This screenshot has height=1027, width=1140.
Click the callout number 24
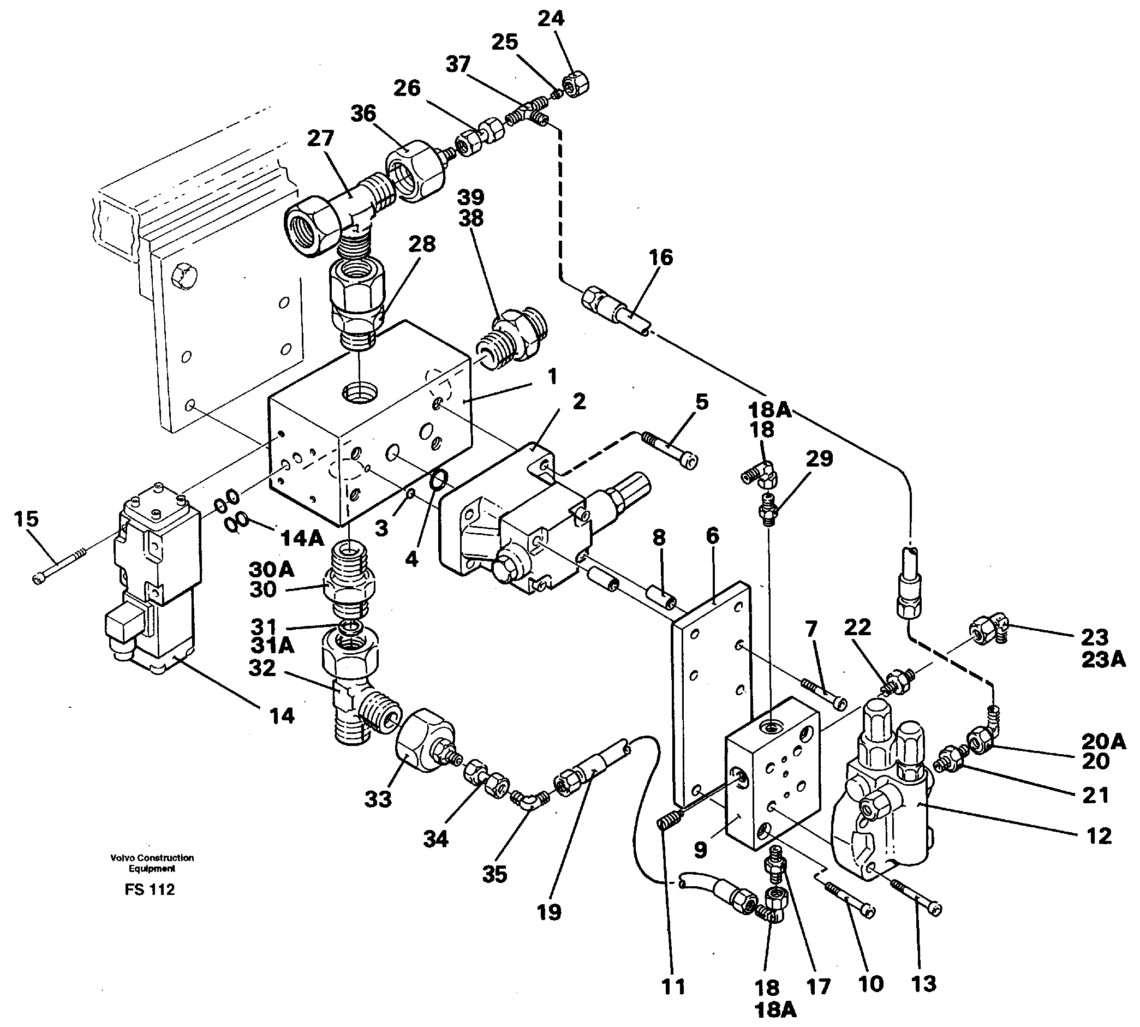(550, 19)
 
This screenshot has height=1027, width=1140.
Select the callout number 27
(320, 138)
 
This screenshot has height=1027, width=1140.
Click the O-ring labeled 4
(439, 481)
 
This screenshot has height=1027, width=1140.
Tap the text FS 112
(150, 890)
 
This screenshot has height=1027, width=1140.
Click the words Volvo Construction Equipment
(152, 863)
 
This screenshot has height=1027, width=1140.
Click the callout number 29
(819, 458)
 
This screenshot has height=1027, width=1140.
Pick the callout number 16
(660, 258)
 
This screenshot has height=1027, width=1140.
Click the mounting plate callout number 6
(712, 535)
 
